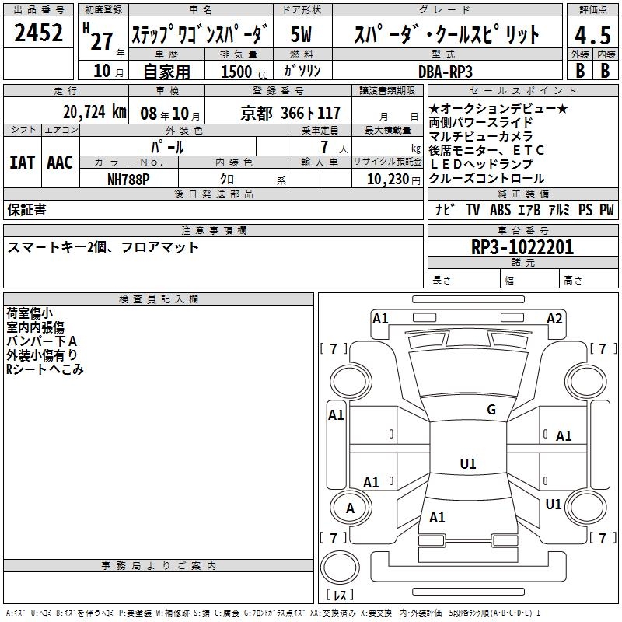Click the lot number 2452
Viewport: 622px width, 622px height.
point(38,33)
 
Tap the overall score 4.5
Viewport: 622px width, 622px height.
point(592,36)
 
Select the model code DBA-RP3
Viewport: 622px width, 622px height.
point(446,72)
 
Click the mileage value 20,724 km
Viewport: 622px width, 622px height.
point(94,112)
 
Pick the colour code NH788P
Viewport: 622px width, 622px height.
point(128,180)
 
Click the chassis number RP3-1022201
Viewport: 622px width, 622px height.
point(522,247)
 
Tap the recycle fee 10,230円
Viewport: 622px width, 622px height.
point(393,180)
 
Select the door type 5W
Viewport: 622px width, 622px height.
point(301,34)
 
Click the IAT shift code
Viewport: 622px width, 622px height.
point(22,162)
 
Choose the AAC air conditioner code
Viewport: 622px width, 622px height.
point(60,162)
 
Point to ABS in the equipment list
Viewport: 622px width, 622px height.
point(500,209)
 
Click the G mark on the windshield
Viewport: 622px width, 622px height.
point(491,410)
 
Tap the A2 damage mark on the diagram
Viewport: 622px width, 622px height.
point(554,319)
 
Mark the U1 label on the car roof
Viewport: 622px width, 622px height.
point(468,463)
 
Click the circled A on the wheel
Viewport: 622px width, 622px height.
point(350,508)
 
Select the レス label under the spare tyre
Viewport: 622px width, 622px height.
point(340,595)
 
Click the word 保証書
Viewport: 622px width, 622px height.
point(26,209)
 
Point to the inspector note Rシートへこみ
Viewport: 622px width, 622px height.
point(45,369)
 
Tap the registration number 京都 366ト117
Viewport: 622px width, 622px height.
point(290,114)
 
